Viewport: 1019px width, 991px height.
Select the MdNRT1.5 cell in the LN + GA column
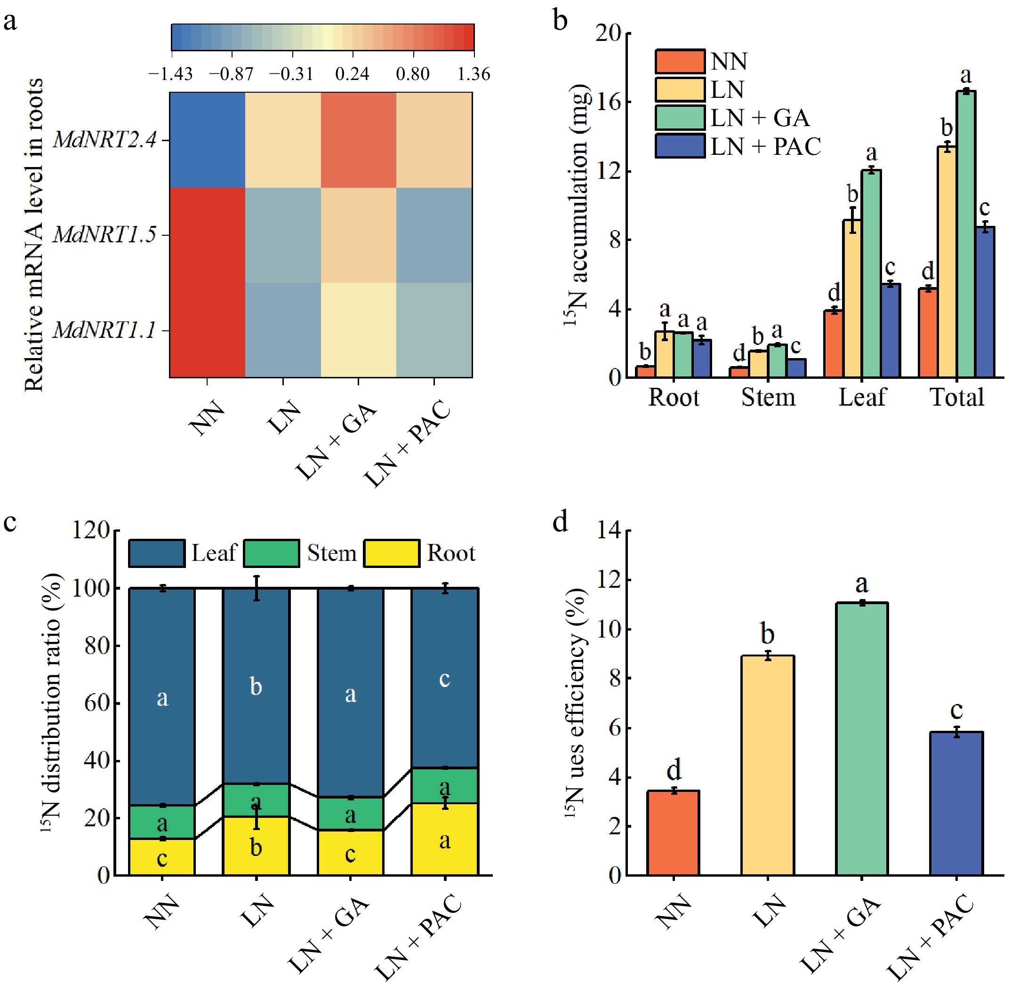(x=358, y=235)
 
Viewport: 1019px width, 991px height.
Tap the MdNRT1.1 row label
(x=104, y=330)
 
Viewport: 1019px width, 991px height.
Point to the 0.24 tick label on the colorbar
(x=352, y=74)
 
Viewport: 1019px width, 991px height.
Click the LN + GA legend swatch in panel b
(x=680, y=118)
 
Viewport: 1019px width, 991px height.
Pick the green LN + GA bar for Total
(x=965, y=234)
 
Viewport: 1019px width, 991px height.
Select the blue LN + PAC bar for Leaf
(x=891, y=331)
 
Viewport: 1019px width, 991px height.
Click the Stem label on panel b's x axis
(x=768, y=398)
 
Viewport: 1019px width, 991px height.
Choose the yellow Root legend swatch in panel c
(x=392, y=553)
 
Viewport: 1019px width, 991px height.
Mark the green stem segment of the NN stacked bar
(x=162, y=823)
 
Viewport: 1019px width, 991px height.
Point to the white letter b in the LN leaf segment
(x=256, y=687)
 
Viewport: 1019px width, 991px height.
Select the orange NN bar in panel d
(x=673, y=833)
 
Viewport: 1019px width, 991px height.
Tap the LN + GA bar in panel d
(x=862, y=739)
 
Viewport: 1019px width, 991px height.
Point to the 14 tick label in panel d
(x=610, y=530)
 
